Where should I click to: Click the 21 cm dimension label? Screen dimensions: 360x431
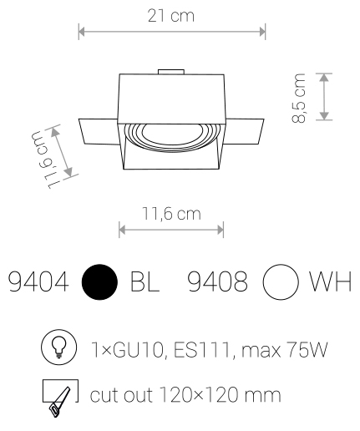(170, 16)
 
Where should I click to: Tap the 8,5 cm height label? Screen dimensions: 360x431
(299, 98)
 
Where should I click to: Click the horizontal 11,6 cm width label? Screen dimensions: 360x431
(171, 214)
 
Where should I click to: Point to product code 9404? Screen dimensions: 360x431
(38, 281)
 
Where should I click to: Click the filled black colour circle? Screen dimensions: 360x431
(99, 282)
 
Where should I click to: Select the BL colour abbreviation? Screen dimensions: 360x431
(145, 281)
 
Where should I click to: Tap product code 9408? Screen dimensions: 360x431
(218, 281)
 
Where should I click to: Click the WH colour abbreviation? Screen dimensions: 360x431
(331, 281)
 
